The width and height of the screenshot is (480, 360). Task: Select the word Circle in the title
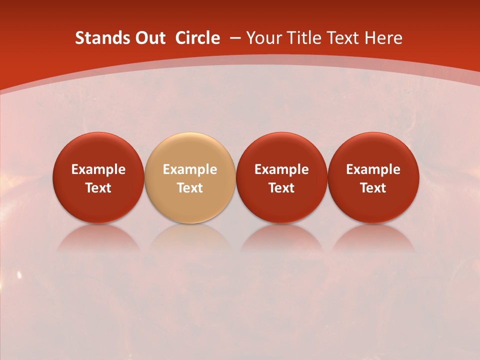click(197, 38)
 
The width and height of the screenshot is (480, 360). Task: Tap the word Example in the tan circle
click(190, 169)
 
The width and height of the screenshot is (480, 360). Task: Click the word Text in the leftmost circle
click(98, 188)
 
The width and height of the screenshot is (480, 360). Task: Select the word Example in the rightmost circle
click(373, 169)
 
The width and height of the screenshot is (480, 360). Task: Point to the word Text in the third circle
click(281, 188)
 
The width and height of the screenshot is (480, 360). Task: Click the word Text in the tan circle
click(190, 188)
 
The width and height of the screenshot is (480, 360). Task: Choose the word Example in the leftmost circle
click(98, 169)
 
